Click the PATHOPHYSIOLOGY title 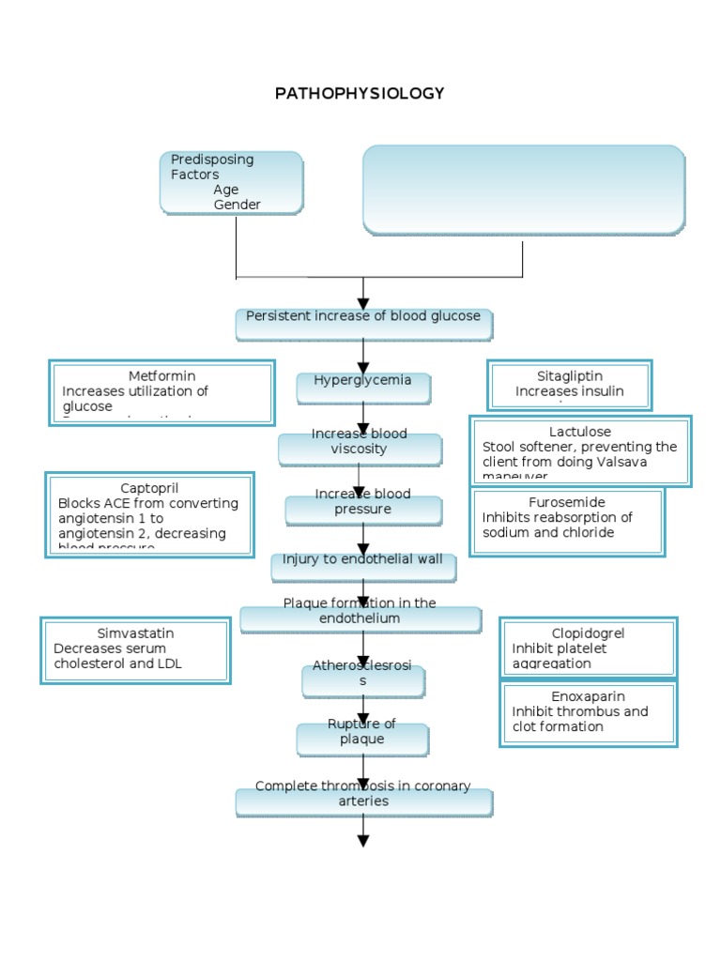(x=360, y=94)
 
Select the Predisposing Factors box (x=231, y=182)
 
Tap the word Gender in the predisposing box (x=237, y=205)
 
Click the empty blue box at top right (x=523, y=190)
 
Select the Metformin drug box (x=161, y=392)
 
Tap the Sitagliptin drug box (x=570, y=385)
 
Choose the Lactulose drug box (x=580, y=451)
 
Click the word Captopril (x=149, y=488)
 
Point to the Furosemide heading (x=566, y=502)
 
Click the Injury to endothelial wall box (x=363, y=566)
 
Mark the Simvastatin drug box (x=135, y=649)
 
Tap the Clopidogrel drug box (x=588, y=648)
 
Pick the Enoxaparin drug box (x=588, y=714)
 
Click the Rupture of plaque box (x=362, y=739)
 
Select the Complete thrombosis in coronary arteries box (x=363, y=801)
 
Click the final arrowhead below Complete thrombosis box (x=363, y=840)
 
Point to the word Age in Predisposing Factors (x=226, y=190)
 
